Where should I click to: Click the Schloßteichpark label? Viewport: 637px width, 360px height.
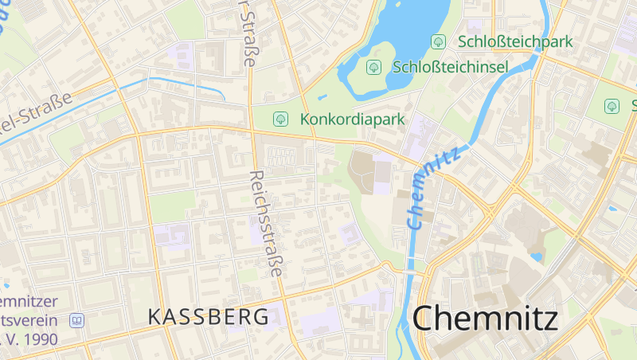[x=516, y=41]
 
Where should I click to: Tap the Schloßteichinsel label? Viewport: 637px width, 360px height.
[x=450, y=67]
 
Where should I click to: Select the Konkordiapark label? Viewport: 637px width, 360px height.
[x=353, y=119]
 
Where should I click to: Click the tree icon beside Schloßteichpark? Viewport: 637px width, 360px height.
[x=437, y=41]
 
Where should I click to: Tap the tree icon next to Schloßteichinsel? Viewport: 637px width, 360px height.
[x=373, y=67]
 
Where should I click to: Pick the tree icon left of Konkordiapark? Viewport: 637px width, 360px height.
[x=280, y=119]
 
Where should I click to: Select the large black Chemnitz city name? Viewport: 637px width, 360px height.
[x=486, y=319]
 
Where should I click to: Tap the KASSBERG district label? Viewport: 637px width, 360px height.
[x=209, y=316]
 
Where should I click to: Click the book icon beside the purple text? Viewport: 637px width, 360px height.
[x=76, y=321]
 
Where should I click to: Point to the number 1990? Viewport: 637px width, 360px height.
[x=45, y=338]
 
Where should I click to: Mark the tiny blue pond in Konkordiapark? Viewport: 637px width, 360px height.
[x=322, y=97]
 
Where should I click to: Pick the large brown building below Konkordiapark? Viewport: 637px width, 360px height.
[x=363, y=171]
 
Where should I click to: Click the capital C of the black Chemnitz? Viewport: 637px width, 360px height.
[x=426, y=319]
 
